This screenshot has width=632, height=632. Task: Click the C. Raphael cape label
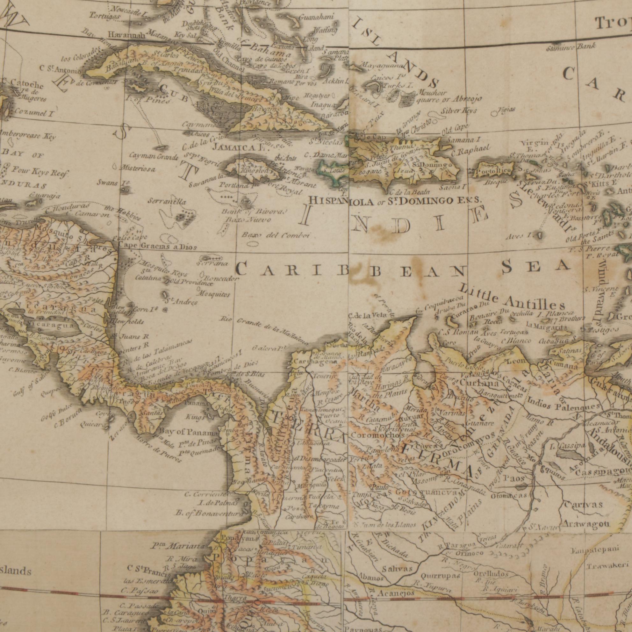click(471, 148)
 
